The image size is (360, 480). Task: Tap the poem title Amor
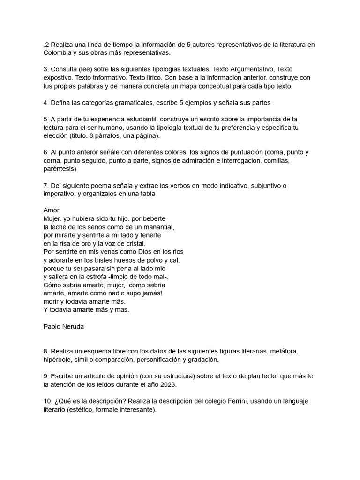[51, 210]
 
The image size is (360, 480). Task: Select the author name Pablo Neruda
[63, 326]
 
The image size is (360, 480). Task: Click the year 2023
[168, 385]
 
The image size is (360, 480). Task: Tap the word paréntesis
[60, 169]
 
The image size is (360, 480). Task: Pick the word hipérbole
[58, 360]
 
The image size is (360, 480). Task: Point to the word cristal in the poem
[133, 243]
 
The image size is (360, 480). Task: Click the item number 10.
[47, 401]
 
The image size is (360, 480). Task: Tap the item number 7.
[45, 186]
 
